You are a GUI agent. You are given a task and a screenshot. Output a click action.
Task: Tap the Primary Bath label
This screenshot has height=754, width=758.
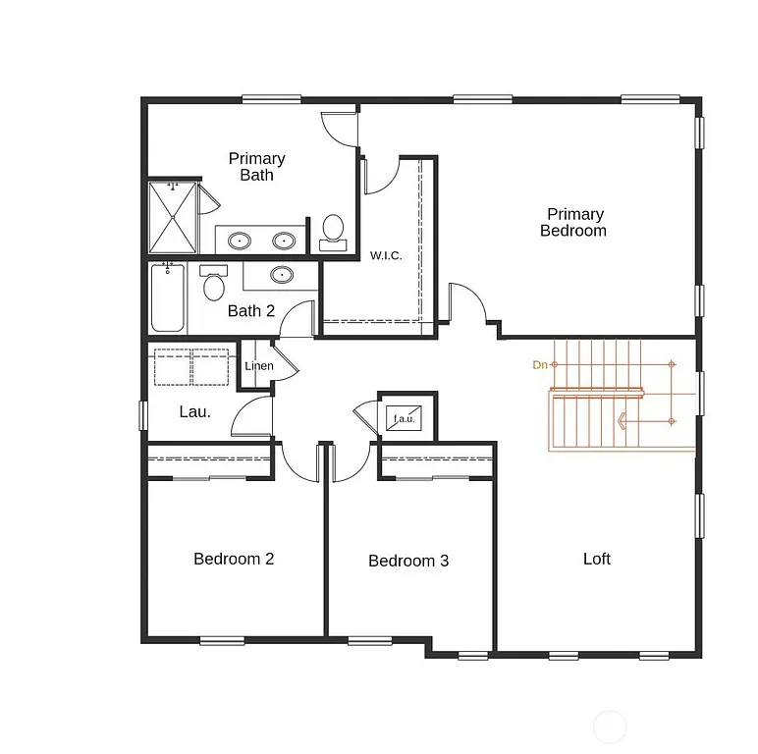pos(257,167)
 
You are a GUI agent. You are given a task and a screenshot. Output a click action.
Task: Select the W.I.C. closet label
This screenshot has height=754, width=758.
pos(386,256)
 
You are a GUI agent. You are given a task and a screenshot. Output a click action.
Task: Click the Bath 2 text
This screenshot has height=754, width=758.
pos(250,311)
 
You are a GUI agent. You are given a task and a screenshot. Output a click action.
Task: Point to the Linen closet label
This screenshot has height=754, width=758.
pos(259,366)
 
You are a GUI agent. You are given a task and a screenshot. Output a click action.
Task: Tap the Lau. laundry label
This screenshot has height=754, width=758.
pos(194,412)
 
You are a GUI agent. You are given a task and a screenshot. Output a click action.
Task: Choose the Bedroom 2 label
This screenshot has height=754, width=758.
pos(234,560)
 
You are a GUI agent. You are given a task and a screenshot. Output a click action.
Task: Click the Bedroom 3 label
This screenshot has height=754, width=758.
pos(408,562)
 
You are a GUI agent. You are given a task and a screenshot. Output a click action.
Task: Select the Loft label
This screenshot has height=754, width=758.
pos(597,559)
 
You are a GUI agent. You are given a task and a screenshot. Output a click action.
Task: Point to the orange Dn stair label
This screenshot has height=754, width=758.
pos(539,365)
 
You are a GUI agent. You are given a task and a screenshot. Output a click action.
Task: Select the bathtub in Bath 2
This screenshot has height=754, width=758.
pos(167,297)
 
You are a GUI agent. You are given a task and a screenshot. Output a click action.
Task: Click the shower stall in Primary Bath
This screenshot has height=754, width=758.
pos(173,218)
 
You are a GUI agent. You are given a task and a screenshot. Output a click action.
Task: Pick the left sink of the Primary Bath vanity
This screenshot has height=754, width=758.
pos(240,241)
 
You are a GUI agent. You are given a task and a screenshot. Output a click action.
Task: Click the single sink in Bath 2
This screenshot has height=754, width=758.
pos(282,275)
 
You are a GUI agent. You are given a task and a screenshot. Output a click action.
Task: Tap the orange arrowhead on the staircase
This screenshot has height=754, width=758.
pos(622,421)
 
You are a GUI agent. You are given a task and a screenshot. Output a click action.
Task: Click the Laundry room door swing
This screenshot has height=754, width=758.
pos(251,418)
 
